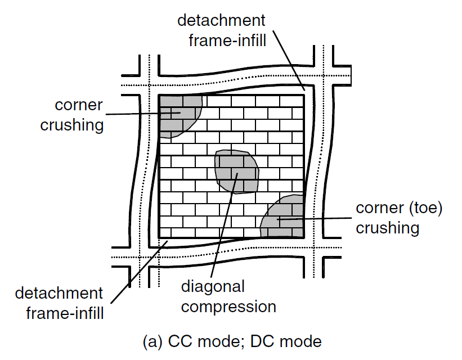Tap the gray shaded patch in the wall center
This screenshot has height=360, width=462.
(x=236, y=172)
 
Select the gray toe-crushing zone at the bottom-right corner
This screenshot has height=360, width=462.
(x=284, y=218)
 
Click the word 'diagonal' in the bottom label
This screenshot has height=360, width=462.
(x=213, y=287)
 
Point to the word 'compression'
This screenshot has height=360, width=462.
(x=228, y=307)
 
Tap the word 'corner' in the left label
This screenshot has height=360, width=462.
(x=79, y=105)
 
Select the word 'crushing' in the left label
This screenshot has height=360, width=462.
(x=72, y=125)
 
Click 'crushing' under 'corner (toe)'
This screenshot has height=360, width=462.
(x=388, y=228)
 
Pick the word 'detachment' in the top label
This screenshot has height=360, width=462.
(x=221, y=20)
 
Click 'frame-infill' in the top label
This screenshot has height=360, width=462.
(x=227, y=40)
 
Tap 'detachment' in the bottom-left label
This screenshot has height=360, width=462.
(x=59, y=293)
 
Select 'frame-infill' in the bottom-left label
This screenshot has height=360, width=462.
(x=65, y=313)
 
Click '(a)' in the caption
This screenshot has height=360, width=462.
(x=152, y=342)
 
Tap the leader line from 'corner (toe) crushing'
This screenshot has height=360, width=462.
(x=314, y=219)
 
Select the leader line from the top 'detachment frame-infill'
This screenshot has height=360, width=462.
(x=289, y=60)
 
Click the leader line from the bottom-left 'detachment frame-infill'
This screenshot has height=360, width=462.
(x=140, y=272)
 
